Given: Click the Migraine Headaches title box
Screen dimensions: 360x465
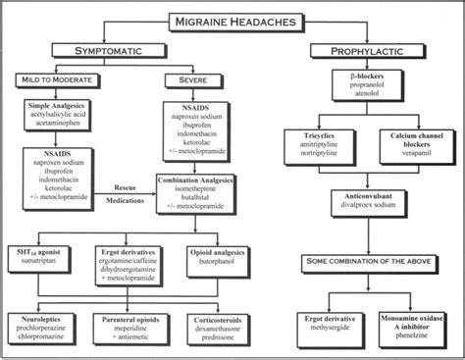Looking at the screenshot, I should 233,19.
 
